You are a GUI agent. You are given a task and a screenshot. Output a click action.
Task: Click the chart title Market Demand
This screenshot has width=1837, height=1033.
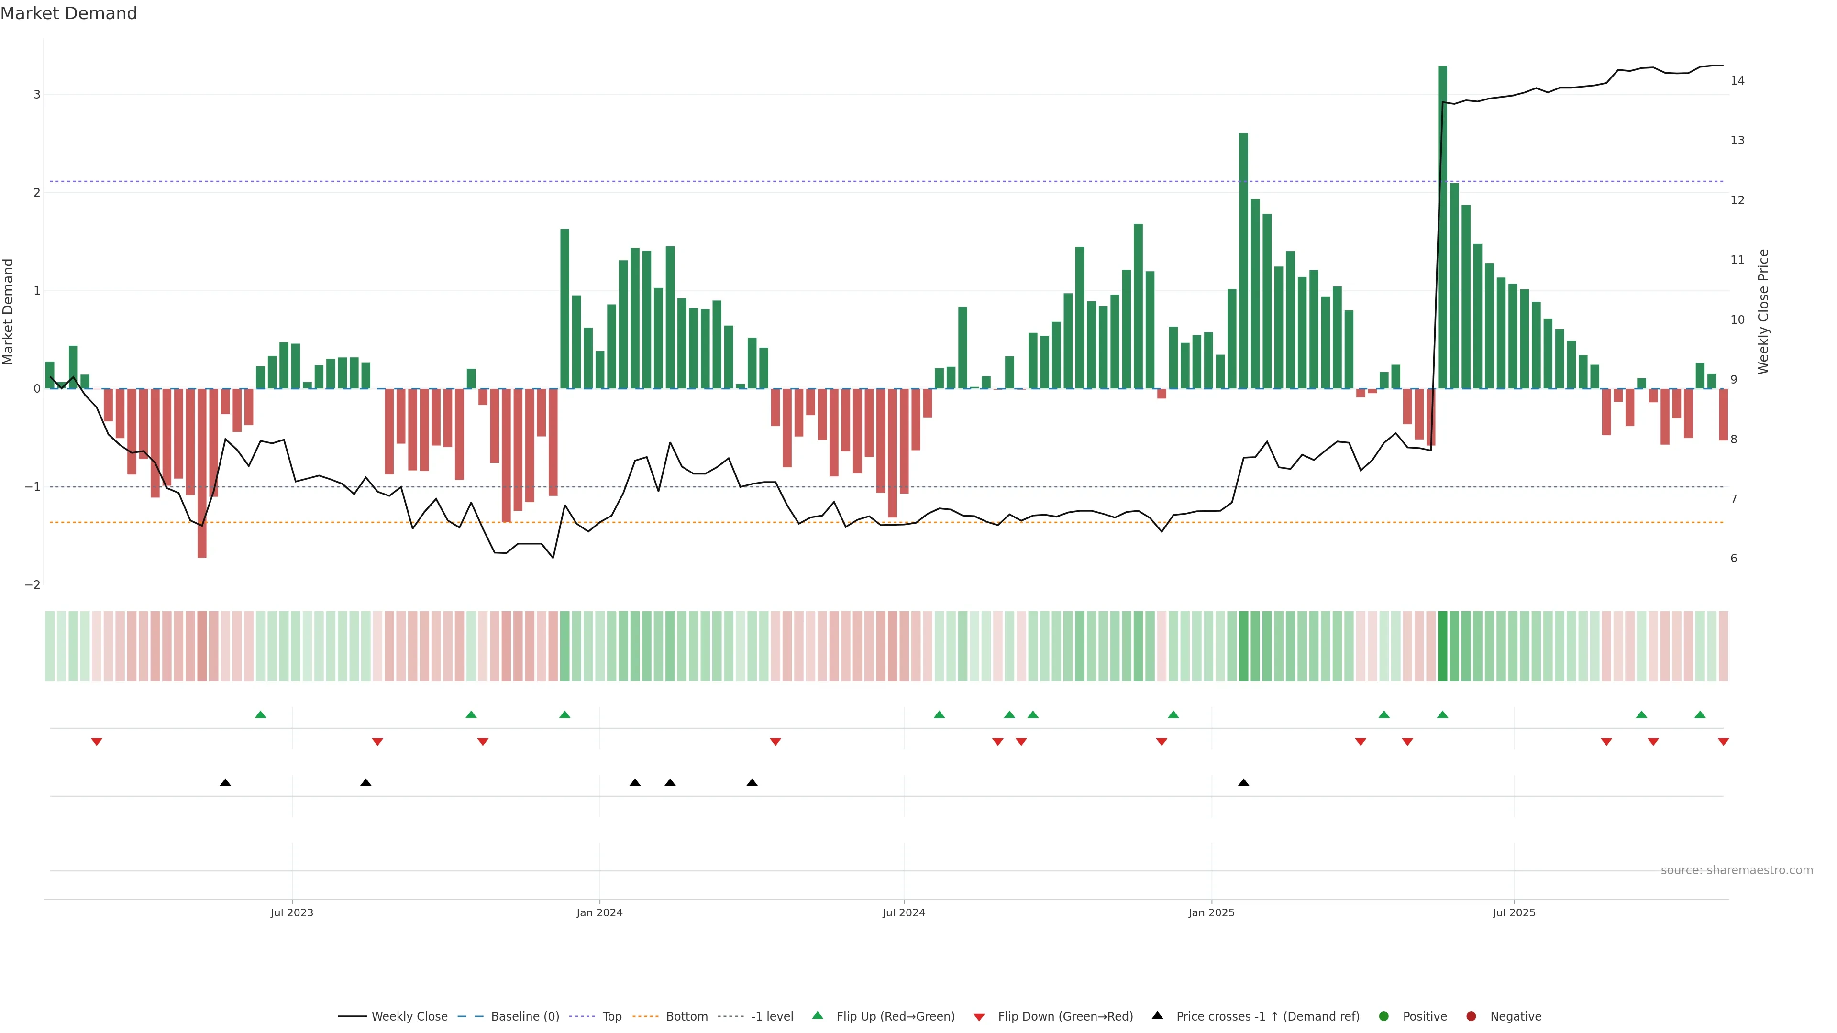tap(68, 13)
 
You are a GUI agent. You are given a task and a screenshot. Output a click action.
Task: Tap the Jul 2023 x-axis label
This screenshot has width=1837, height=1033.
tap(292, 912)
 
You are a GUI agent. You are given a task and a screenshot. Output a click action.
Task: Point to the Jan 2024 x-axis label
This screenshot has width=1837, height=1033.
tap(599, 912)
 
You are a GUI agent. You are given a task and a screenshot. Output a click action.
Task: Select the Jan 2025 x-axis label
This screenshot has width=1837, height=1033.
tap(1211, 912)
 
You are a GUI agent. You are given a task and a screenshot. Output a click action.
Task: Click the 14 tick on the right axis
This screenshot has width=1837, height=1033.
tap(1737, 80)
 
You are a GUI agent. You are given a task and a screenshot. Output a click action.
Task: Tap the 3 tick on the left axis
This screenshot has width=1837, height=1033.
tap(36, 95)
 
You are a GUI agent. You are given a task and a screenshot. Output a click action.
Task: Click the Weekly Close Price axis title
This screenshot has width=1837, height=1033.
tap(1763, 311)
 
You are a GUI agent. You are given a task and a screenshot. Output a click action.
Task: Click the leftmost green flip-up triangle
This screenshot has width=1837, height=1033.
tap(260, 714)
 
